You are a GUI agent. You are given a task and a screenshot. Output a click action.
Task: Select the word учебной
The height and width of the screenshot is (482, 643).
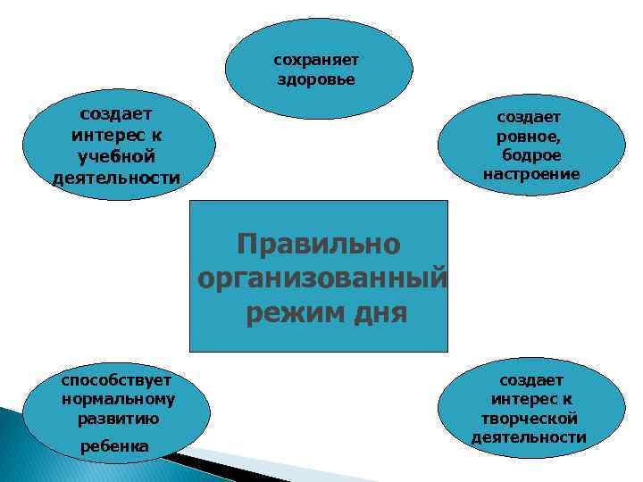click(x=116, y=156)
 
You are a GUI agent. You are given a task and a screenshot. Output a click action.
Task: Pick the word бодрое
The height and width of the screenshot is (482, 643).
click(x=531, y=155)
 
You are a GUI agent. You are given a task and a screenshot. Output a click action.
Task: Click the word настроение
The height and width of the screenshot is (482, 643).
click(x=531, y=174)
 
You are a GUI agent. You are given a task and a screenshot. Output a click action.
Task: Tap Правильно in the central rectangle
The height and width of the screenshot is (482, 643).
click(x=319, y=244)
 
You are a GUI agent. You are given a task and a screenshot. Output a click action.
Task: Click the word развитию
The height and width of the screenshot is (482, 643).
click(x=118, y=417)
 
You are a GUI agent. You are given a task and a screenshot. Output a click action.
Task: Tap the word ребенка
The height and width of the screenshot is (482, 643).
click(x=114, y=445)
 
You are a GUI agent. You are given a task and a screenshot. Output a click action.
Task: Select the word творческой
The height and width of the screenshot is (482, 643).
click(x=530, y=419)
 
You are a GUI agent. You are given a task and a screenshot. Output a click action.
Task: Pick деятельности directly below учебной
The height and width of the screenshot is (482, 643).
click(x=116, y=177)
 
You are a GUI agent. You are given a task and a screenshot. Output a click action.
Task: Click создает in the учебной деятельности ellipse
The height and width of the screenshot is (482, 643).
click(x=116, y=114)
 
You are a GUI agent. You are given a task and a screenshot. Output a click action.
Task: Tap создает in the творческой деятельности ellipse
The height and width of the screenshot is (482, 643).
click(x=531, y=381)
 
